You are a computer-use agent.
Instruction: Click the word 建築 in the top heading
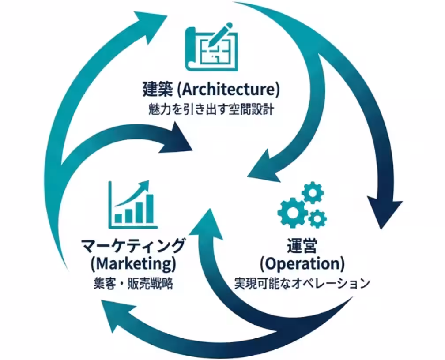(x=158, y=89)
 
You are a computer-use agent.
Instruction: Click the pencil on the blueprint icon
(x=222, y=36)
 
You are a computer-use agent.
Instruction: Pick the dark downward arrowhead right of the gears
(x=384, y=212)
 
